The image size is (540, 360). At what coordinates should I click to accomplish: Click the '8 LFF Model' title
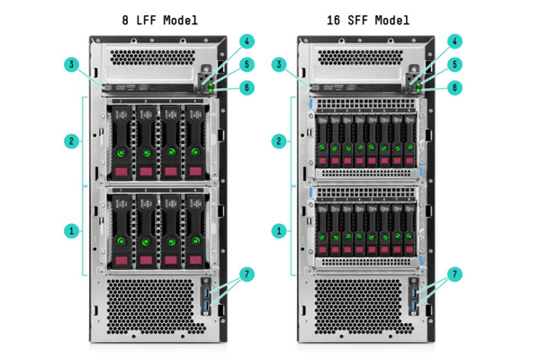click(159, 19)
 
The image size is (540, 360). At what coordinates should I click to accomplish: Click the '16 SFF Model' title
click(367, 19)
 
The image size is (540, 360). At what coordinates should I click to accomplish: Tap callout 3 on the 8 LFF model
click(71, 64)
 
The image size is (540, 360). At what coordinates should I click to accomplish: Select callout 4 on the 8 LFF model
click(247, 41)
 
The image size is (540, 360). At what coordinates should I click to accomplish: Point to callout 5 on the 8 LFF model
click(247, 65)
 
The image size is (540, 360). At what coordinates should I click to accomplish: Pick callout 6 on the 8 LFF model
click(247, 87)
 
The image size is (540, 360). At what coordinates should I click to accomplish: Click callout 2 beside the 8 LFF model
click(71, 140)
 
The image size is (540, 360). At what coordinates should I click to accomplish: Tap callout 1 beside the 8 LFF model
click(71, 230)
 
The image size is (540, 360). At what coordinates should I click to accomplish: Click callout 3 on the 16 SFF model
click(278, 64)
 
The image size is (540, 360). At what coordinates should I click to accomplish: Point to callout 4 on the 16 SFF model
click(454, 41)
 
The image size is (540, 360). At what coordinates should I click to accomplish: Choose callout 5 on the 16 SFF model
click(454, 65)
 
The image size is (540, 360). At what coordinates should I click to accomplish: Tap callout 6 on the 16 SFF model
click(454, 87)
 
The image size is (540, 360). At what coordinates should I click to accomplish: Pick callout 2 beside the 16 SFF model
click(278, 140)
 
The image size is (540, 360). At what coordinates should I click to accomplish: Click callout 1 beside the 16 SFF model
click(278, 230)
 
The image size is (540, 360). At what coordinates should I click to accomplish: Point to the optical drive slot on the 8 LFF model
click(148, 88)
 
